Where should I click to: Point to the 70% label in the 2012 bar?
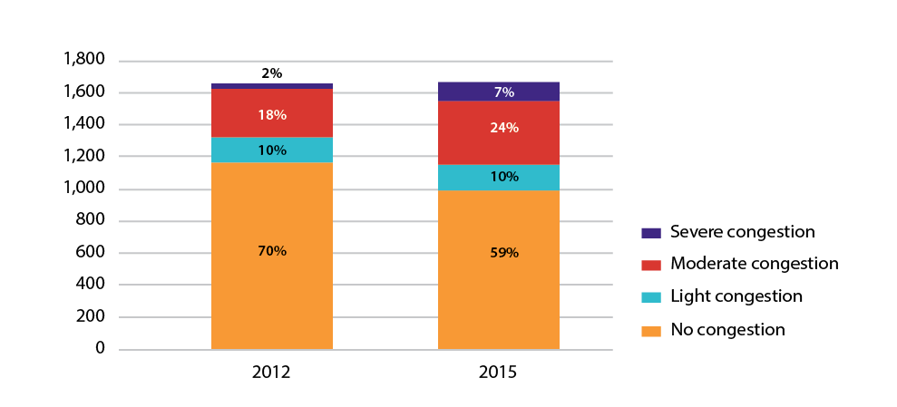click(272, 251)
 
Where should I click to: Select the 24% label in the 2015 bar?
click(503, 128)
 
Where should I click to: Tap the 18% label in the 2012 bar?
click(272, 115)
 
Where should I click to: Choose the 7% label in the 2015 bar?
click(504, 92)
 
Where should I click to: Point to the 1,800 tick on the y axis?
click(84, 60)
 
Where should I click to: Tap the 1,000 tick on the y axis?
click(84, 189)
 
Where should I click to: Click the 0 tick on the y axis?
click(99, 349)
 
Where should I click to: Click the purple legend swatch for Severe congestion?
click(650, 233)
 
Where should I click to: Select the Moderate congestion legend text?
click(754, 264)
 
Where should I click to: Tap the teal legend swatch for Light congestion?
click(650, 297)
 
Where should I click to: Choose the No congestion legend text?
click(727, 329)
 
